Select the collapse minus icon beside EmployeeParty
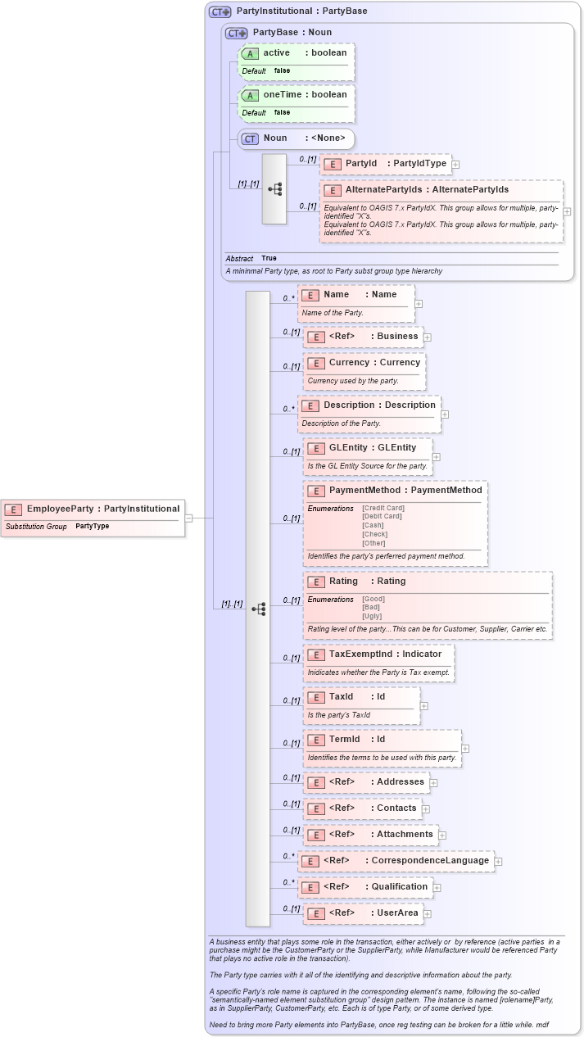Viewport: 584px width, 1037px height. (x=188, y=518)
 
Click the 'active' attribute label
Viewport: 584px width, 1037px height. (x=276, y=53)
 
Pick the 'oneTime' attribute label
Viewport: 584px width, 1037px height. (x=282, y=95)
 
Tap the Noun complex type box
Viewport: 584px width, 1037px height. (x=296, y=138)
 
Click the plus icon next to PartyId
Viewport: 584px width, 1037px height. (x=455, y=165)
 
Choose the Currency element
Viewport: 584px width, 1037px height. (x=364, y=363)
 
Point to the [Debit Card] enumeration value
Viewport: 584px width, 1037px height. (x=382, y=516)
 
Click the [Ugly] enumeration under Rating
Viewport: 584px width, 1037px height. (x=373, y=616)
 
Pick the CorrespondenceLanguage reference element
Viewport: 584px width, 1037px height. (x=396, y=861)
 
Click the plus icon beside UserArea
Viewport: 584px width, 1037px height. (x=427, y=914)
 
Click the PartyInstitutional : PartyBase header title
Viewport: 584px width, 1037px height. (x=301, y=11)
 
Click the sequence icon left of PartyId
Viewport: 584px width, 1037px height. (x=274, y=188)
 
